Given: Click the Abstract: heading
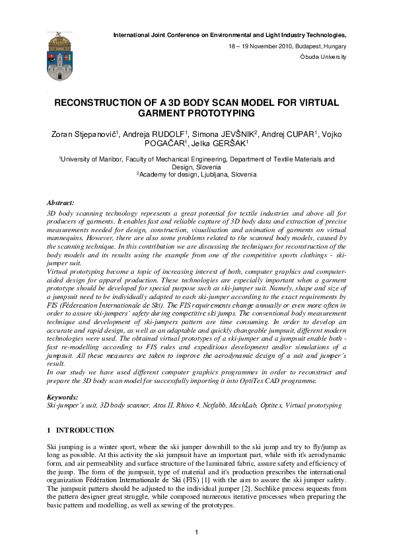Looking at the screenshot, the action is (x=61, y=201).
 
